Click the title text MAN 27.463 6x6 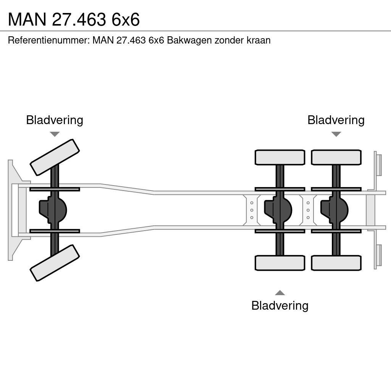click(74, 19)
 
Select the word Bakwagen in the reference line click(189, 40)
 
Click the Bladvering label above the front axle click(55, 120)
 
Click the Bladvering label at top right click(336, 120)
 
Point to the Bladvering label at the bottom click(280, 305)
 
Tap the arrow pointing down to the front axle click(55, 134)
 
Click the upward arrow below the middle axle click(280, 293)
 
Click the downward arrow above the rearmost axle click(336, 134)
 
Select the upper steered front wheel click(55, 157)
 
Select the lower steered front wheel click(55, 263)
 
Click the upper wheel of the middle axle click(280, 157)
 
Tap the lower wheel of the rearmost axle click(336, 263)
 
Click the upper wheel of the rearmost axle click(336, 157)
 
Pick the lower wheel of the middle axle click(280, 263)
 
